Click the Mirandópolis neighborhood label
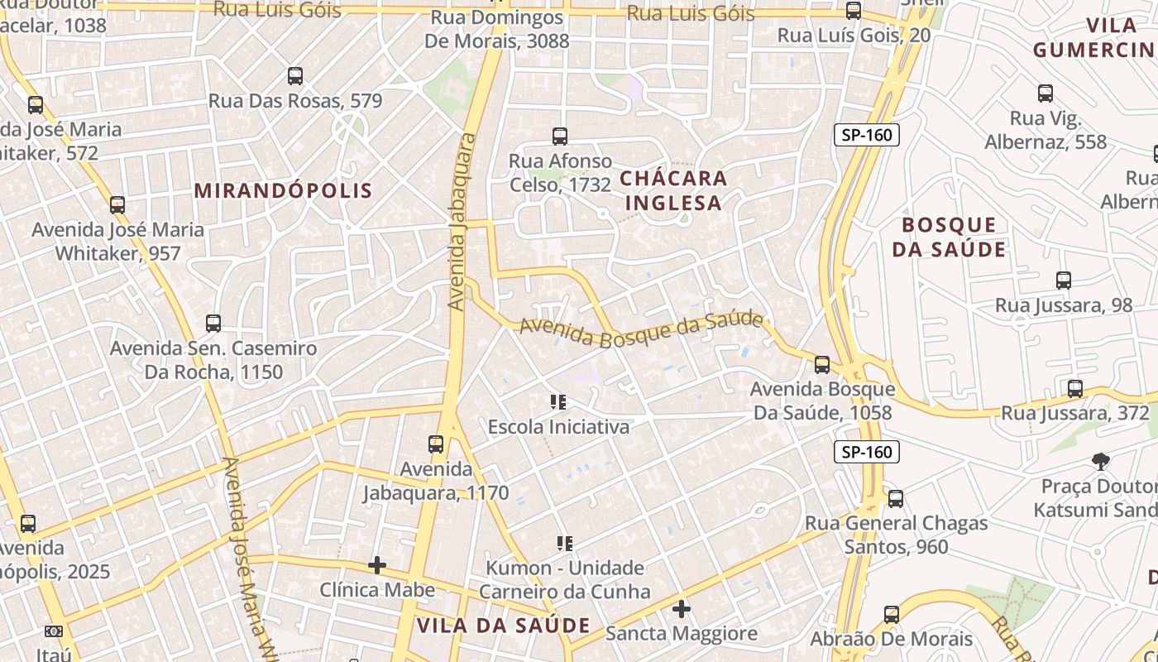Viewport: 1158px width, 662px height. (x=283, y=190)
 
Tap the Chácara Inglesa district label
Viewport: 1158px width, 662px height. (x=673, y=190)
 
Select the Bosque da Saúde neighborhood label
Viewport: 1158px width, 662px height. (x=949, y=237)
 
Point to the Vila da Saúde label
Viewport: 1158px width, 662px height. (x=503, y=626)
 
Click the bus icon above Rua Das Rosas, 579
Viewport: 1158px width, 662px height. (x=295, y=76)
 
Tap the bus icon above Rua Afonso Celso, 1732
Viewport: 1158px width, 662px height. (x=560, y=136)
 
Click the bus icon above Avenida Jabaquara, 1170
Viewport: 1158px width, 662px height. (x=436, y=444)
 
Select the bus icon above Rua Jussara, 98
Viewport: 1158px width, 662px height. (x=1064, y=281)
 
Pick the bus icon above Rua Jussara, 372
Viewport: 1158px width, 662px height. (x=1075, y=388)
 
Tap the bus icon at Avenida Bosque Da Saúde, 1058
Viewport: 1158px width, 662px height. (x=822, y=364)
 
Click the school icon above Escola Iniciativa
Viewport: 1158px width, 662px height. (x=558, y=402)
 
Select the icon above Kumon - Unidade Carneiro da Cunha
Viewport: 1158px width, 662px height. (x=565, y=544)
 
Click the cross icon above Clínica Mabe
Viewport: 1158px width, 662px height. (x=377, y=565)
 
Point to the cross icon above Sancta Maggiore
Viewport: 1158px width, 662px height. (x=682, y=609)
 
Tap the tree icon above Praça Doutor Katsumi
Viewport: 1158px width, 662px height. (x=1100, y=461)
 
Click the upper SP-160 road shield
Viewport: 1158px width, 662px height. (x=866, y=135)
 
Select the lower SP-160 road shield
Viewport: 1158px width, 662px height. (x=866, y=452)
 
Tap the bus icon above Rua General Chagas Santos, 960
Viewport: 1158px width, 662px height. (x=895, y=499)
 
